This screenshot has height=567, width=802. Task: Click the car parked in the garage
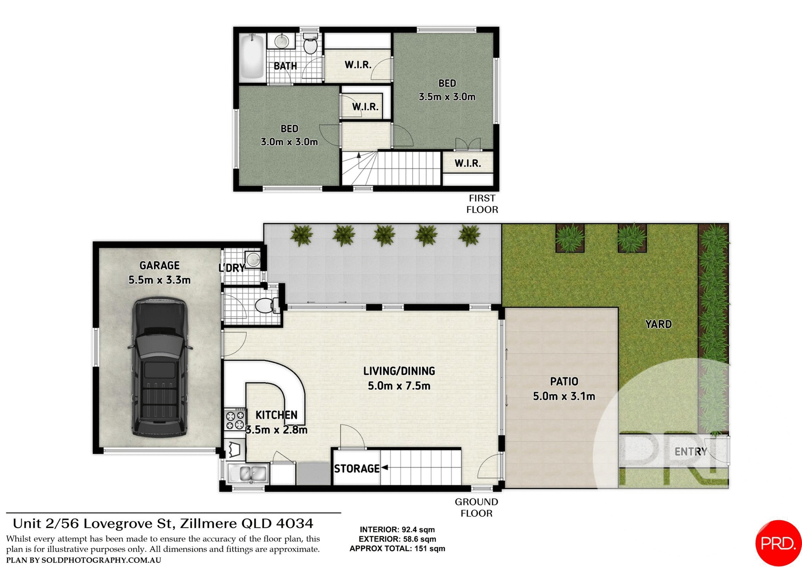159,367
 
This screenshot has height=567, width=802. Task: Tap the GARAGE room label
159,266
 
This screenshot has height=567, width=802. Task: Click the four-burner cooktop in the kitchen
235,420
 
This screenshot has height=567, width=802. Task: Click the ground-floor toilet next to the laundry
265,306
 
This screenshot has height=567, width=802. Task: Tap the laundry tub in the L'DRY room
253,259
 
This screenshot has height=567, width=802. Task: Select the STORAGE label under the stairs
356,469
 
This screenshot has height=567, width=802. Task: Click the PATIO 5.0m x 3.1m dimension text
563,396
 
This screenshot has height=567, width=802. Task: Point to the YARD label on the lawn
658,324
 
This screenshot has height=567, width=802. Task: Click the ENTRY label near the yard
690,452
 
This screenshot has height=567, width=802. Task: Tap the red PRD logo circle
778,543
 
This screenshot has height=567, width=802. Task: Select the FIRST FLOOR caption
482,204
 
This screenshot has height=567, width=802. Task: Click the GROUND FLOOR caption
476,507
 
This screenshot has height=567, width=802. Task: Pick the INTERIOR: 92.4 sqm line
397,530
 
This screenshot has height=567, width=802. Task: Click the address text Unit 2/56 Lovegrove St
163,524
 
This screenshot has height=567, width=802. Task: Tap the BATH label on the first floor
285,66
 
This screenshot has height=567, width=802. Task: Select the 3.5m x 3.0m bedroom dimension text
447,97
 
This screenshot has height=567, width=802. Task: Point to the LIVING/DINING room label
399,371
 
